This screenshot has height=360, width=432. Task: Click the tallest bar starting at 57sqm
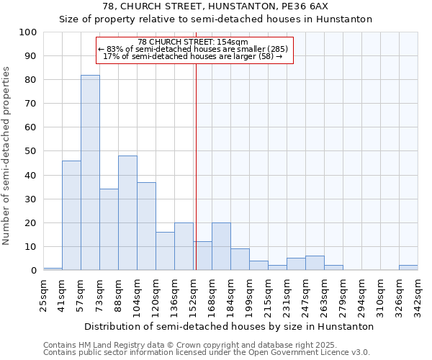pyautogui.click(x=90, y=173)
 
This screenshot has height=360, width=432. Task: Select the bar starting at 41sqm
pyautogui.click(x=71, y=215)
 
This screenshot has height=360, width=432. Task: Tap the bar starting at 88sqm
pyautogui.click(x=127, y=213)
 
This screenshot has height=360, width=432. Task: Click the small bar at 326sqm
pyautogui.click(x=408, y=268)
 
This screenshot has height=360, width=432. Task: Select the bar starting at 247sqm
pyautogui.click(x=315, y=263)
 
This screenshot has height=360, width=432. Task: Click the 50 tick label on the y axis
pyautogui.click(x=31, y=151)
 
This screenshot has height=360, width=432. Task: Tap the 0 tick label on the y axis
pyautogui.click(x=34, y=271)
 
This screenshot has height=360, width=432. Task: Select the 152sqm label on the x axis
pyautogui.click(x=193, y=293)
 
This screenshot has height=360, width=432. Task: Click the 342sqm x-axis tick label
pyautogui.click(x=418, y=293)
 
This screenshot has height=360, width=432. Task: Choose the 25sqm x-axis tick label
pyautogui.click(x=43, y=293)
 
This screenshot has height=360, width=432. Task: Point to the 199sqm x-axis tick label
pyautogui.click(x=249, y=293)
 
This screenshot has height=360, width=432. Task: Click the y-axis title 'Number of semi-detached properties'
pyautogui.click(x=6, y=156)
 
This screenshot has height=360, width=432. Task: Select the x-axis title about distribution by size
pyautogui.click(x=228, y=326)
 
